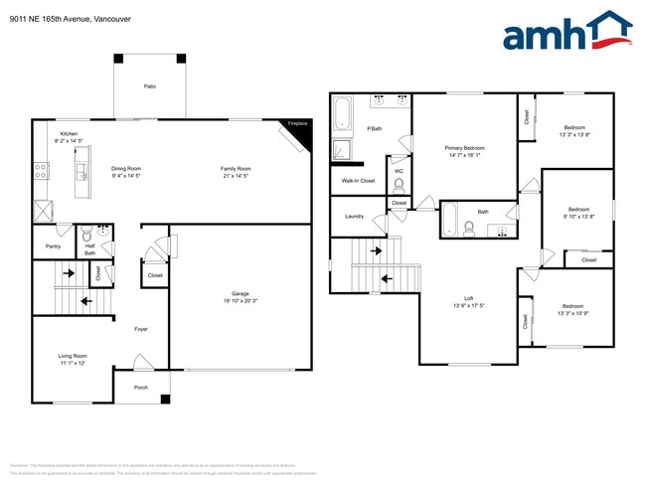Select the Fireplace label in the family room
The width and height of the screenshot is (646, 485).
(297, 123)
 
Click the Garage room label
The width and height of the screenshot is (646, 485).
(241, 293)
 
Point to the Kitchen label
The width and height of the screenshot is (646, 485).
(69, 133)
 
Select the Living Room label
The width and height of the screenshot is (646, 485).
(73, 355)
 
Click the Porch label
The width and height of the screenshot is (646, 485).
(141, 388)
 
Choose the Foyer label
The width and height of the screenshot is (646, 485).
(141, 329)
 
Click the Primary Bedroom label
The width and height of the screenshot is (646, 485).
(464, 147)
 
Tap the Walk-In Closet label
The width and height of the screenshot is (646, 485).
(358, 181)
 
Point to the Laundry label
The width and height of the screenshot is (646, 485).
(354, 216)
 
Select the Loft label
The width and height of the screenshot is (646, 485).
(468, 298)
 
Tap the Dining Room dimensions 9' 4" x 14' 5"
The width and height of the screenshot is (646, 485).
(126, 176)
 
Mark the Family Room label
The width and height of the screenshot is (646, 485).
(236, 169)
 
